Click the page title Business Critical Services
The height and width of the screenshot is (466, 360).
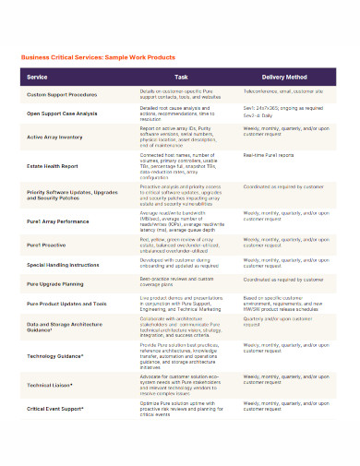point(104,55)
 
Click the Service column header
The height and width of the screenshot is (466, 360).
point(38,78)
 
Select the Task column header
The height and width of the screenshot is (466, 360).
point(181,78)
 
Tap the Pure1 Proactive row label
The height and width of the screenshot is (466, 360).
point(47,245)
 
